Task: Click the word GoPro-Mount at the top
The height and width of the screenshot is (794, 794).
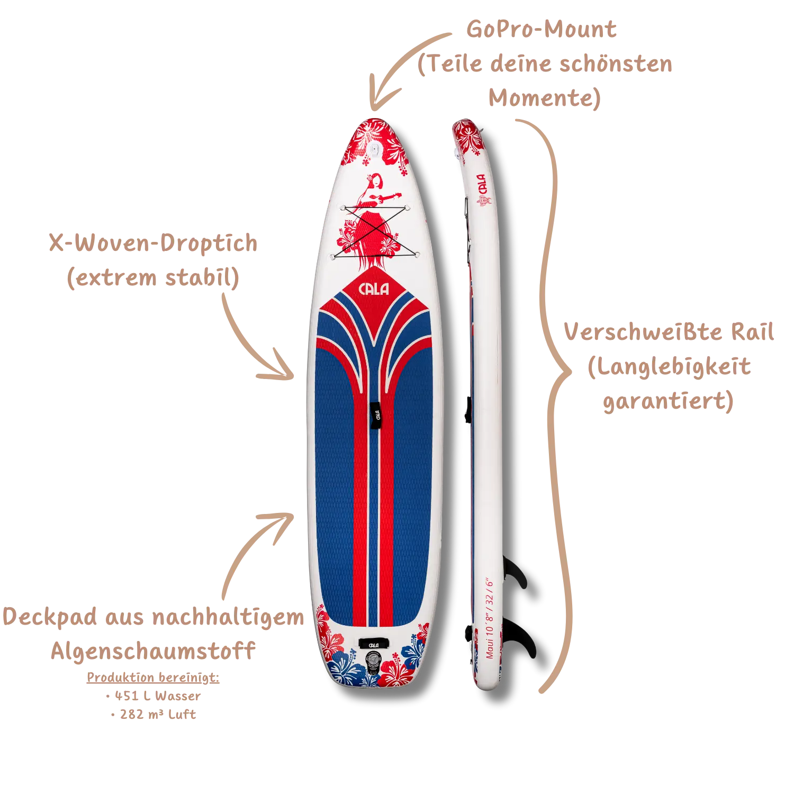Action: (541, 29)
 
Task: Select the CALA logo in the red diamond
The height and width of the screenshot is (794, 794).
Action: (374, 289)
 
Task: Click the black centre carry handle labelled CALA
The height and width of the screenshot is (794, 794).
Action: (374, 416)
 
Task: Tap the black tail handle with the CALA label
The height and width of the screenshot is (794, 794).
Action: (373, 643)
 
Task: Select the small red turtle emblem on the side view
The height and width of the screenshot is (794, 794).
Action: (482, 202)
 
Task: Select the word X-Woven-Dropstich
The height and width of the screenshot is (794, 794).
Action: (152, 244)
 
